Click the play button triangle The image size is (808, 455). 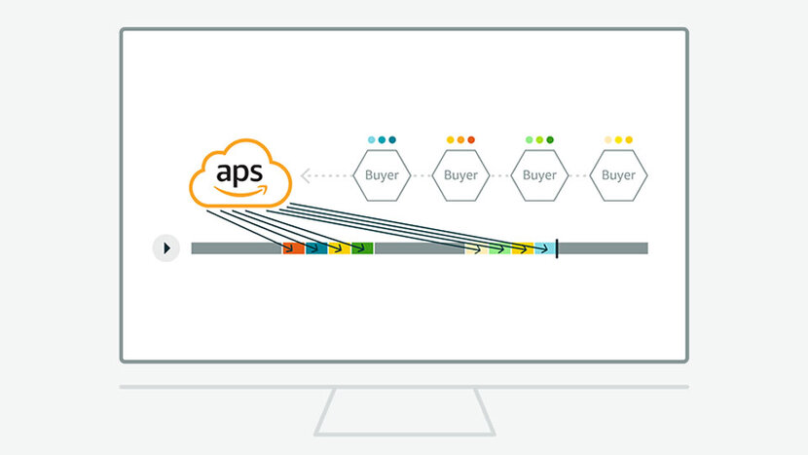point(167,248)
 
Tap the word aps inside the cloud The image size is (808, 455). point(239,173)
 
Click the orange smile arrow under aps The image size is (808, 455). point(241,191)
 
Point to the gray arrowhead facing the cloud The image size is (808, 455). point(305,175)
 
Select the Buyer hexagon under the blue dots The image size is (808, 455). point(382,175)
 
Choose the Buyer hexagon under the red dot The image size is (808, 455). point(460,175)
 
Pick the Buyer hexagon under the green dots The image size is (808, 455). point(539,175)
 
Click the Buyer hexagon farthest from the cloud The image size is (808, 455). point(618,175)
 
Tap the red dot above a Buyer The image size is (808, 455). point(471,139)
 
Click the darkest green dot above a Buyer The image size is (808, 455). point(550,139)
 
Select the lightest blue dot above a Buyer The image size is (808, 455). point(372,139)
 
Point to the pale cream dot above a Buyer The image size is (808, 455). point(608,139)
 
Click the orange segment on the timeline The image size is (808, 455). point(294,248)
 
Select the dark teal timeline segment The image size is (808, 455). point(316,248)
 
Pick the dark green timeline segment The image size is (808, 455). point(362,248)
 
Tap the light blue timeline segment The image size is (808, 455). point(545,248)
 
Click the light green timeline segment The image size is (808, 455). point(499,248)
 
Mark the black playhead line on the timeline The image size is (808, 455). point(557,248)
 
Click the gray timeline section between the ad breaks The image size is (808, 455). point(420,248)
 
